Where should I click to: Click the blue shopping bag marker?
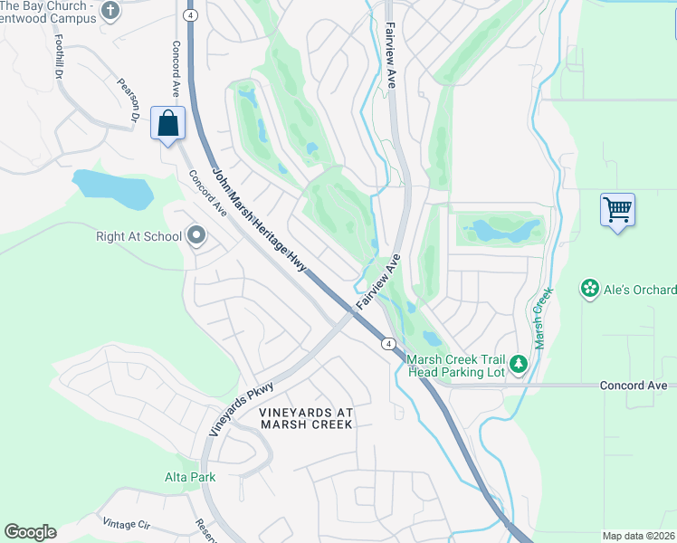coord(168,123)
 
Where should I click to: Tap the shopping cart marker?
coord(617,210)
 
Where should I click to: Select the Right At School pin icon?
coord(196,237)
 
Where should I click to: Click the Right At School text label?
coord(138,237)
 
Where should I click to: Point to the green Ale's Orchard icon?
coord(590,289)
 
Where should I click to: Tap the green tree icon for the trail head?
coord(518,364)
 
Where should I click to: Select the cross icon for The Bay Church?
coord(110,11)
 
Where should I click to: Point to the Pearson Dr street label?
coord(127,100)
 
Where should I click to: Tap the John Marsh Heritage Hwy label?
coord(260,221)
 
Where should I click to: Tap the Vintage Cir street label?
coord(127,523)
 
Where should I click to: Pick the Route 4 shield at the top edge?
coord(189,15)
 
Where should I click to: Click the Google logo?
coord(30,532)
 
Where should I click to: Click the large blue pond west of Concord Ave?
coord(113,188)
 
